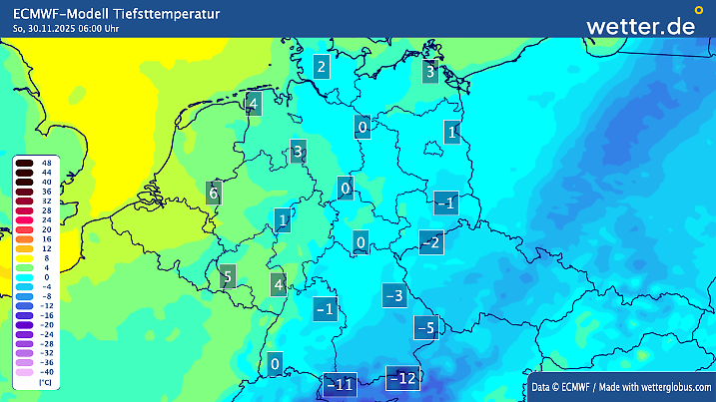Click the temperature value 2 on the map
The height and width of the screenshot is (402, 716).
pos(321,68)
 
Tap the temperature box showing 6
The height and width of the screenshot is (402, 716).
pos(213,192)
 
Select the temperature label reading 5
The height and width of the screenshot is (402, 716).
pos(228,277)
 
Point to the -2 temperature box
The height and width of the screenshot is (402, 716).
pos(431,242)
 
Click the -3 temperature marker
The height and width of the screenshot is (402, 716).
pos(394,295)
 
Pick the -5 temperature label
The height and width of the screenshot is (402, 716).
pos(426,327)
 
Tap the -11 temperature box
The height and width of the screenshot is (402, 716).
pos(341,384)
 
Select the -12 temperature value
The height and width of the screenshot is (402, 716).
pos(402,378)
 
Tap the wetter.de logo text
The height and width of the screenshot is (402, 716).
pos(640,26)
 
